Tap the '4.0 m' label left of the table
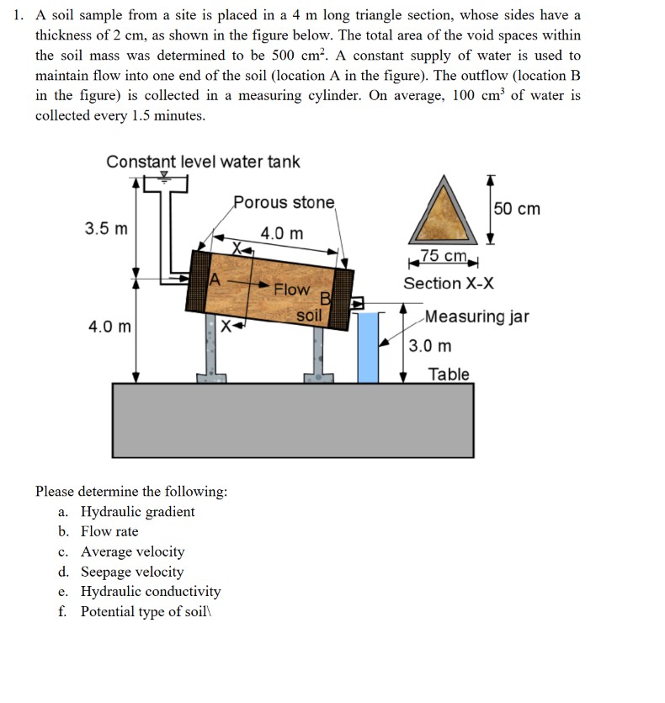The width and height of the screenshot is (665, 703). click(109, 326)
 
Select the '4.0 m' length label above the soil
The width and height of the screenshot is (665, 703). click(282, 233)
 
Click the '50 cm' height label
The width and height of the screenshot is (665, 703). click(517, 208)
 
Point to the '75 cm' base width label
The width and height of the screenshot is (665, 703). click(443, 256)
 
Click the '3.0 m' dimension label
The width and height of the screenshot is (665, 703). click(430, 346)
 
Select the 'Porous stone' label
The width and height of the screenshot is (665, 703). click(284, 203)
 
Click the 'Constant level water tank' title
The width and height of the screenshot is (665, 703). click(203, 162)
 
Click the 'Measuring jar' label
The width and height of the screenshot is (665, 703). click(476, 317)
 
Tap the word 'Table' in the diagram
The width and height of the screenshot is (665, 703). click(448, 374)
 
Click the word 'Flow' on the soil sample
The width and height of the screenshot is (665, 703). click(291, 289)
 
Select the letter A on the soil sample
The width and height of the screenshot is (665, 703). click(215, 280)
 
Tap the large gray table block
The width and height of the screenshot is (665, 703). click(292, 421)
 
